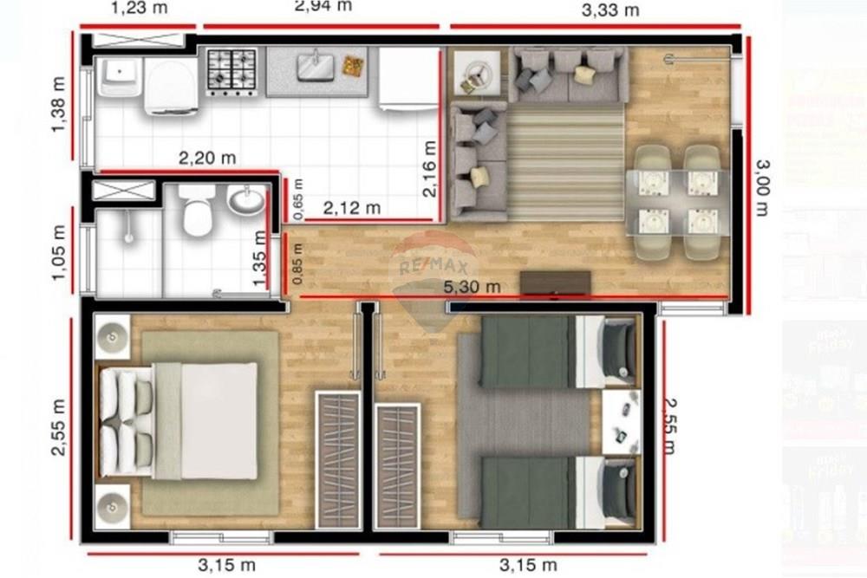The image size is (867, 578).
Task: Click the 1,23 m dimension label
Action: tap(140, 9)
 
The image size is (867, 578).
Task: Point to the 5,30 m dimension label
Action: tap(472, 286)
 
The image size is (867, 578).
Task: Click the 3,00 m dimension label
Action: tap(761, 186)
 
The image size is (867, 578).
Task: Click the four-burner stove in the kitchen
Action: tap(231, 71)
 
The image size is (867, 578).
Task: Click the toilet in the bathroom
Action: tap(199, 211)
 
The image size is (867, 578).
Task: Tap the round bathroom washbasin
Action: tap(246, 201)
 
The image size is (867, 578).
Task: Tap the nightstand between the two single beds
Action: tap(621, 421)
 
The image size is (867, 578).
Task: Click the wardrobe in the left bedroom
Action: tap(337, 459)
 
